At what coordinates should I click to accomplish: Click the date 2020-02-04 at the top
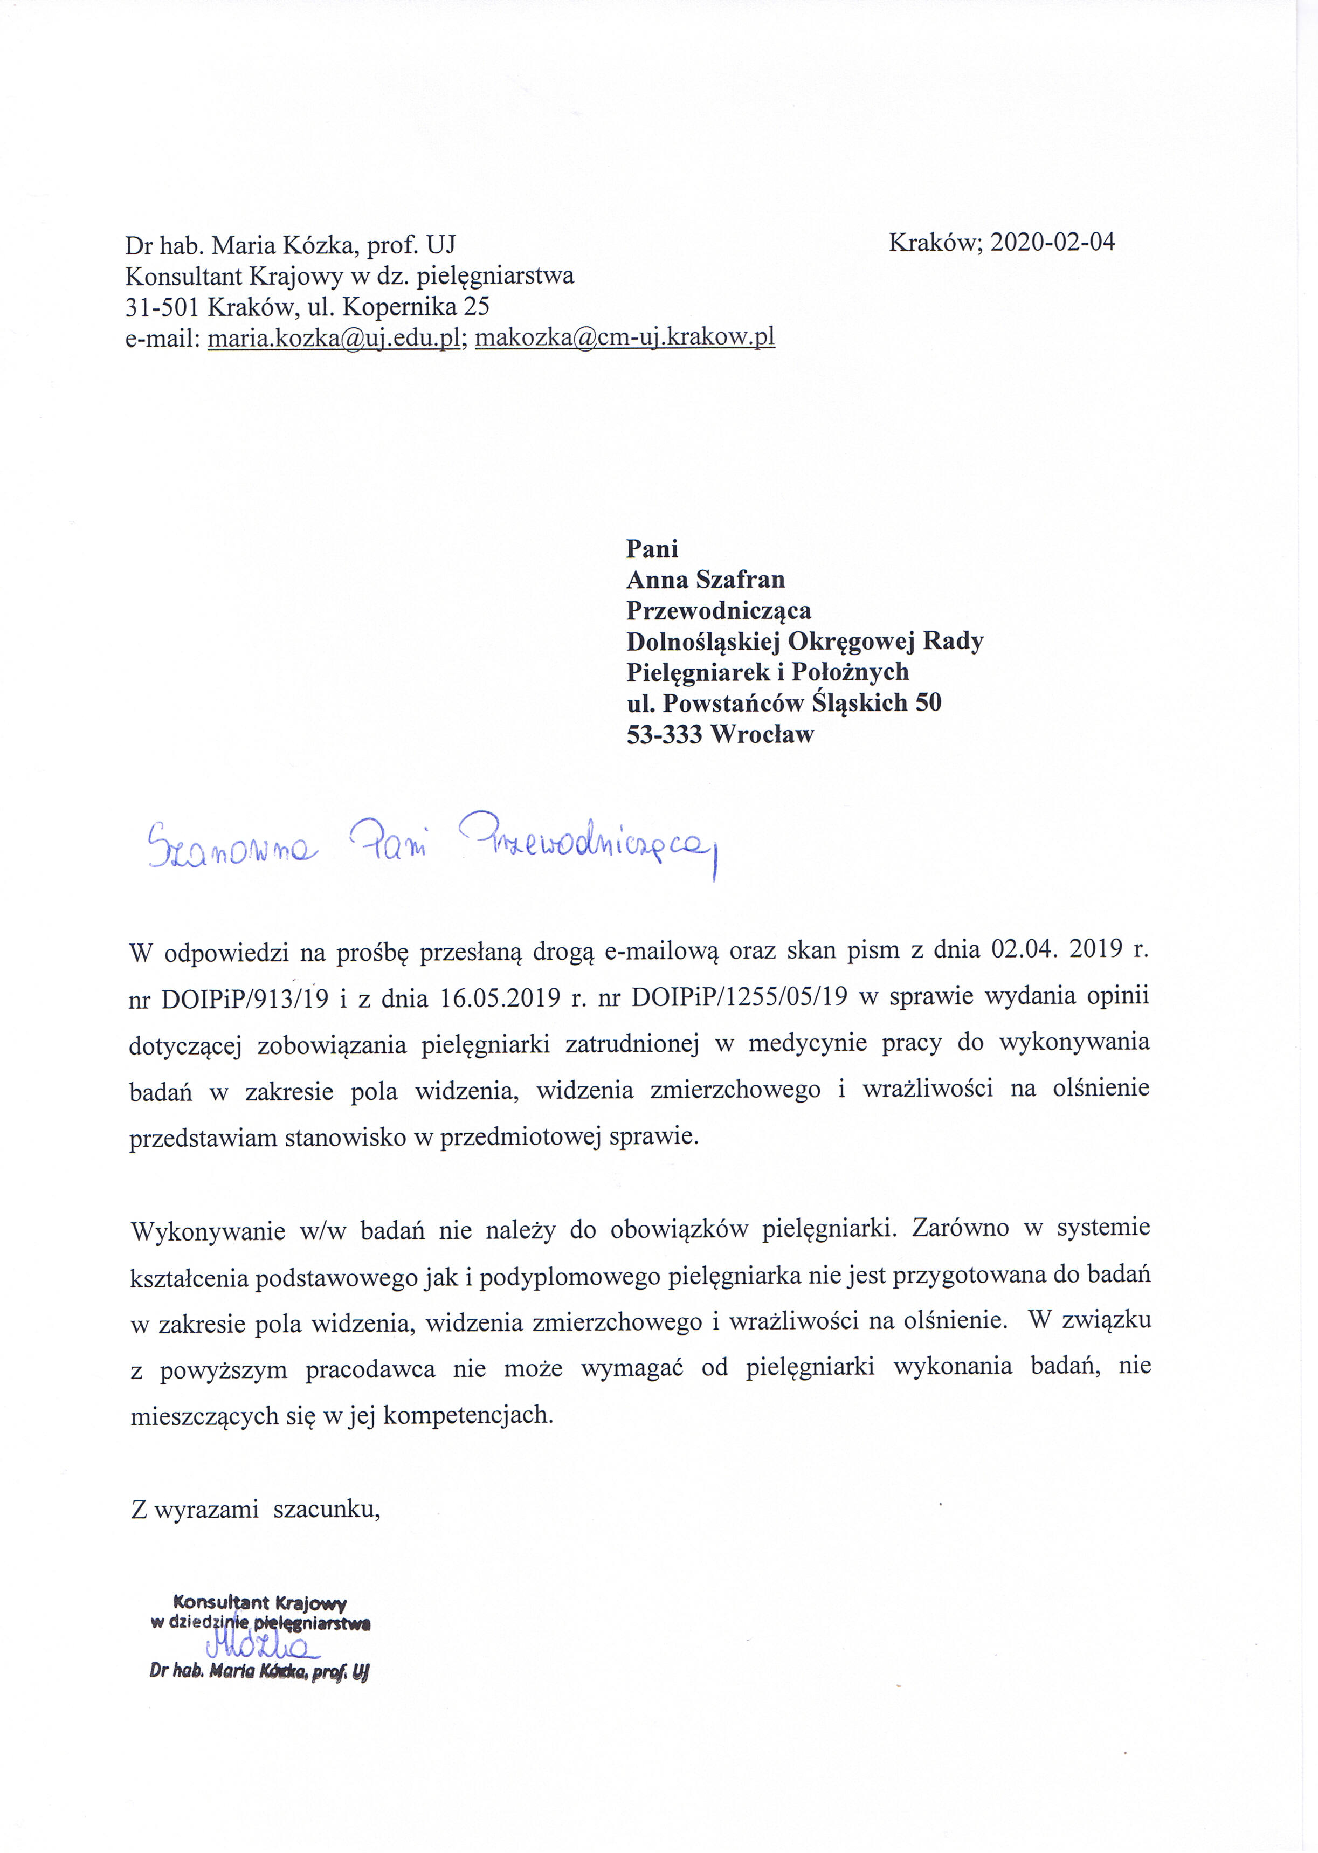[x=1053, y=242]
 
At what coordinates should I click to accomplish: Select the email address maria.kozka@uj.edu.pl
[x=334, y=337]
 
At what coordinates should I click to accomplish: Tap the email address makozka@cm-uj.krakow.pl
[x=624, y=337]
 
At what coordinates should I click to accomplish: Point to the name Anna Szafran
[x=705, y=580]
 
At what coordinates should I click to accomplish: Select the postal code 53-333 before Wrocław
[x=665, y=734]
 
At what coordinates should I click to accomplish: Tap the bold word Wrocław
[x=762, y=734]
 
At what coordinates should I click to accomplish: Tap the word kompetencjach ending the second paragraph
[x=467, y=1416]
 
